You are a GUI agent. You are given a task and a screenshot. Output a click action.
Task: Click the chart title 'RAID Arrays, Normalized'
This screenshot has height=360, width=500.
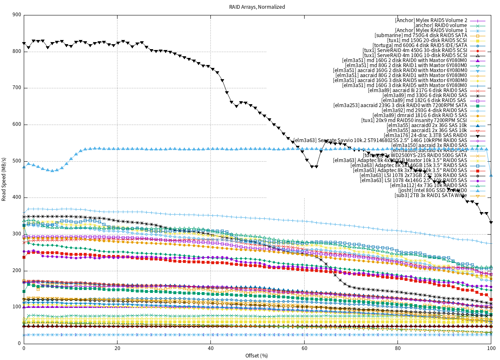257,7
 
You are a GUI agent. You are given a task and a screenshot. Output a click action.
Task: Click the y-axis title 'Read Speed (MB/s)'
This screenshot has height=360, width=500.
4,179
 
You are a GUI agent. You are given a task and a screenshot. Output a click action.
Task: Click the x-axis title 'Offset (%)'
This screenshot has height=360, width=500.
257,355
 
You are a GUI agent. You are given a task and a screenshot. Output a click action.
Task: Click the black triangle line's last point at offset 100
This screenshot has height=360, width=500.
491,222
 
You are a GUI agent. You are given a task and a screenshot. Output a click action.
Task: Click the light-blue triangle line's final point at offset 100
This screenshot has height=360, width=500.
491,175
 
